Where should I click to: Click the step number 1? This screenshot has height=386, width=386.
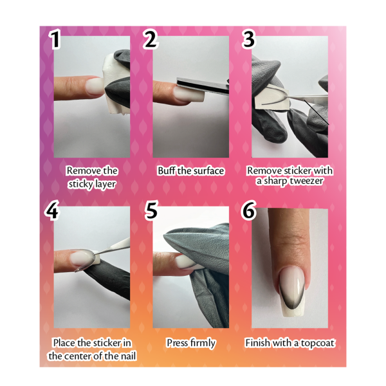[55, 39]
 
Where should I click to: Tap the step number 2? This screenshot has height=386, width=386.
[151, 39]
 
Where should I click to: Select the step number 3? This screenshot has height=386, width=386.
[248, 39]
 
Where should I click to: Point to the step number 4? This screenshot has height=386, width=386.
[52, 210]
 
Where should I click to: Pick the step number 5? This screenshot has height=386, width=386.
[151, 210]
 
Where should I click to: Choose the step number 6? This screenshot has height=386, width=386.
[248, 210]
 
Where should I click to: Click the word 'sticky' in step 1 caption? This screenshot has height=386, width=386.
[79, 184]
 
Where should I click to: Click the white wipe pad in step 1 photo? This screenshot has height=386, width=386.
[114, 84]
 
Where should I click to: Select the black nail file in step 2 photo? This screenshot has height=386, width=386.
[203, 86]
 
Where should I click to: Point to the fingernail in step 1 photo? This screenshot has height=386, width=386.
[95, 87]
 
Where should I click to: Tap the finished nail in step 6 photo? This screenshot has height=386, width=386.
[293, 291]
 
